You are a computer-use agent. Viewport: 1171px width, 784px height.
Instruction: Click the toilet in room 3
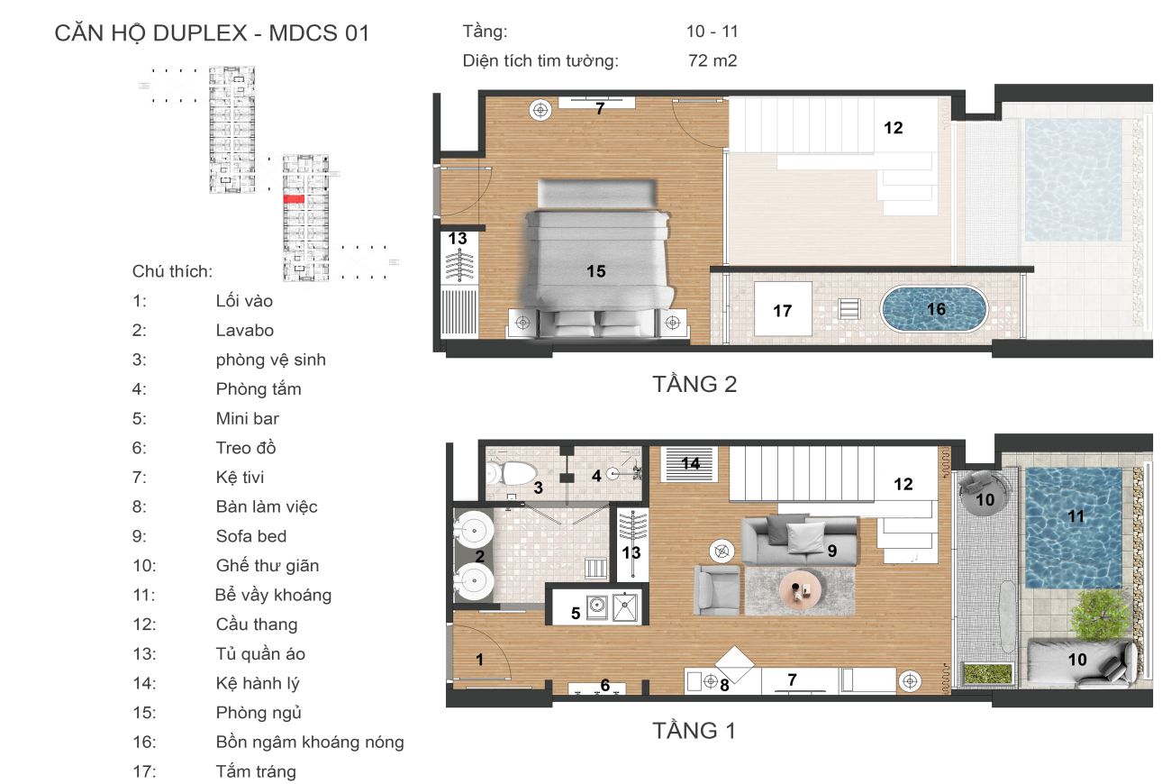point(514,472)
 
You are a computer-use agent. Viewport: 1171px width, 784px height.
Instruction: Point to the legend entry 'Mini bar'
point(247,418)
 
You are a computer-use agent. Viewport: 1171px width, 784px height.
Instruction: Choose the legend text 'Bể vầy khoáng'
point(273,595)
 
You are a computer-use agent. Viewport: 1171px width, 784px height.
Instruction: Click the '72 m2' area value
point(712,61)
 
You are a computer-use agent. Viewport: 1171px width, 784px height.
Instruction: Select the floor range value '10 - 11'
point(712,32)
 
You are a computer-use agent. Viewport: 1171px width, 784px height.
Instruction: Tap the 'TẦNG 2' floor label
point(694,384)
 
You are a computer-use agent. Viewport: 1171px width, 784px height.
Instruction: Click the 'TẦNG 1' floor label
point(694,731)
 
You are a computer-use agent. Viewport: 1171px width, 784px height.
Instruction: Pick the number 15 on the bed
point(595,270)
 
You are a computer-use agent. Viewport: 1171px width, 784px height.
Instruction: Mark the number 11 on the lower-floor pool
point(1076,516)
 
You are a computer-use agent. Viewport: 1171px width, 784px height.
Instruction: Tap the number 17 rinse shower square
point(782,310)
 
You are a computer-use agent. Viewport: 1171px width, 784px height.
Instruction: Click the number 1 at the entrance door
point(479,660)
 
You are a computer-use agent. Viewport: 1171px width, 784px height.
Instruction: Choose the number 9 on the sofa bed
point(832,550)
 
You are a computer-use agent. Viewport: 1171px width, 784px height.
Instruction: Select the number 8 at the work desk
point(722,685)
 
